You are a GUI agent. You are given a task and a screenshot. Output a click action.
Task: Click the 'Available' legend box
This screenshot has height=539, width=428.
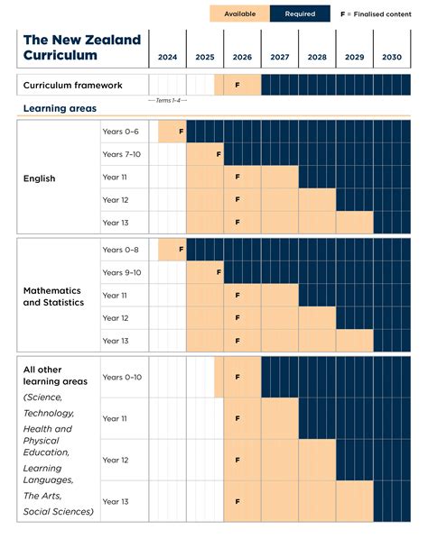[239, 14]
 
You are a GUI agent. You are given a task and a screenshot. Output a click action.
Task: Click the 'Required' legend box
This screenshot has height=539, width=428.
[300, 14]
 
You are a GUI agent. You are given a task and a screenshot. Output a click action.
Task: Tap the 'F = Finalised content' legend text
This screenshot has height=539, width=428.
[374, 14]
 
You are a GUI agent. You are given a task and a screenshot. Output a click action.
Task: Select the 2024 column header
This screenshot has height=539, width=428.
[167, 57]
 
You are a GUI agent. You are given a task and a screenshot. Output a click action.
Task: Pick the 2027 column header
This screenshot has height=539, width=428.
[279, 57]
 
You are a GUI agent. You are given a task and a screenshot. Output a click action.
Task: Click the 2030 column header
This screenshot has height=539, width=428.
[391, 57]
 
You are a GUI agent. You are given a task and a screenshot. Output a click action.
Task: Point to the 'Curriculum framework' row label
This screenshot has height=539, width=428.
[72, 86]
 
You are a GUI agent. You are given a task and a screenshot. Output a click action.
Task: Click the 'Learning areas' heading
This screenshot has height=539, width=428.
[60, 109]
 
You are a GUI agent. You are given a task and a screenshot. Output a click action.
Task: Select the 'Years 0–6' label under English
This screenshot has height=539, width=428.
[120, 132]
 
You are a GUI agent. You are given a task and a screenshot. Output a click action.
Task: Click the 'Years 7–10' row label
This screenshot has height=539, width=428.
[122, 155]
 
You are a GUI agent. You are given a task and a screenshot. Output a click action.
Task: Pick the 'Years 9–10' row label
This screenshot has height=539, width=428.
[122, 272]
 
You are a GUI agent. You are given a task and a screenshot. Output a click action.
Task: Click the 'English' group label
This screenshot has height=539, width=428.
[39, 178]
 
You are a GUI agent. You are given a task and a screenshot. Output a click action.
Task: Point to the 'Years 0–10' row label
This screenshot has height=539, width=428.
[123, 377]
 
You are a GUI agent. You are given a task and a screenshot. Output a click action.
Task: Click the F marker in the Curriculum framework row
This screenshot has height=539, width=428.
[237, 86]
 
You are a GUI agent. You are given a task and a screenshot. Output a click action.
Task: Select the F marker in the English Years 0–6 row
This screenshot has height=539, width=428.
[181, 132]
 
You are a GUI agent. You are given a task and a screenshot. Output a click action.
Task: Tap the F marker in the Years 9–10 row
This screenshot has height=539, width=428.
[219, 272]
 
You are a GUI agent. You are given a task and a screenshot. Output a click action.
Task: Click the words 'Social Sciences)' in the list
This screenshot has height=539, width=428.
[59, 512]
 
